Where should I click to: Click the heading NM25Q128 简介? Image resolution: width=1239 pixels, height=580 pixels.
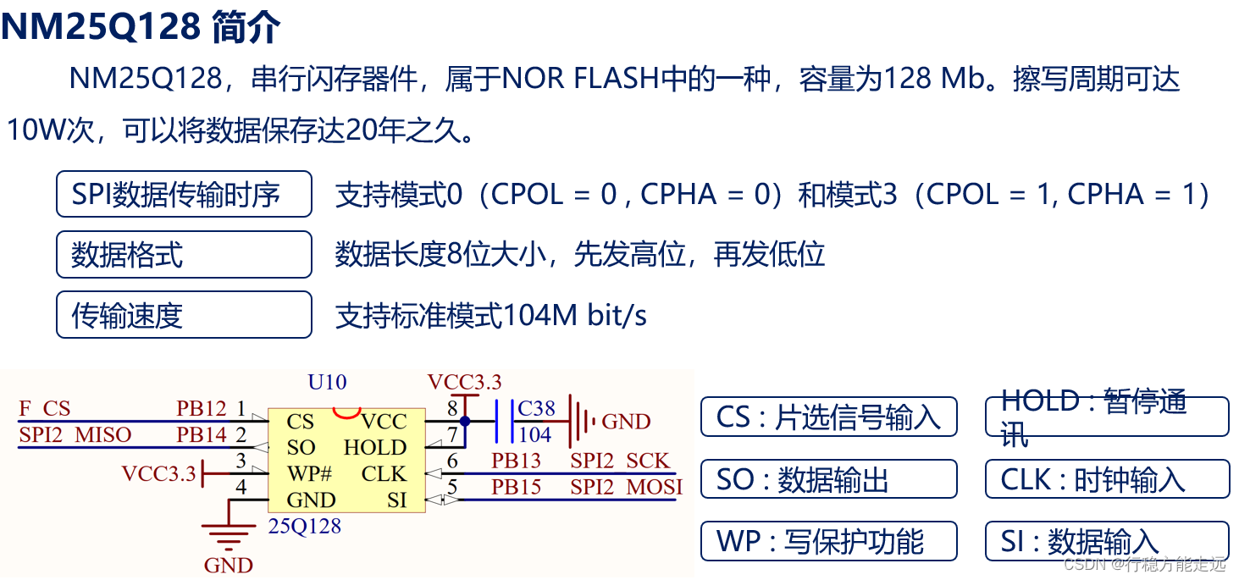(141, 28)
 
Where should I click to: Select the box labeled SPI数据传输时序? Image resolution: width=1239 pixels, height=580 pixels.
(184, 195)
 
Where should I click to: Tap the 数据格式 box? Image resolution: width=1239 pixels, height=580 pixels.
(184, 254)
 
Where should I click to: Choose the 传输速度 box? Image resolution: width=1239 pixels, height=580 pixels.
(184, 315)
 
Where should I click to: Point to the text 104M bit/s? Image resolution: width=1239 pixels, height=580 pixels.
(576, 316)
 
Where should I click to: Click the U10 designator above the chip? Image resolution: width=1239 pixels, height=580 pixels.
(327, 382)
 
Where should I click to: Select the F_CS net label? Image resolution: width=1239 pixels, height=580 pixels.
(45, 409)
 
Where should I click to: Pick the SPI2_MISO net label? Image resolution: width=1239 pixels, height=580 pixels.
(75, 435)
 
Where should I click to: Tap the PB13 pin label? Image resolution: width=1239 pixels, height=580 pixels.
(516, 461)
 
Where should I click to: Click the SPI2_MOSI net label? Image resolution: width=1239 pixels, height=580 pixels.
(626, 488)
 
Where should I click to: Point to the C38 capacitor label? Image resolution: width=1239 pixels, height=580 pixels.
(536, 409)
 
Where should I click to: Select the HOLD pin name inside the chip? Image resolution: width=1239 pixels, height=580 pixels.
(375, 447)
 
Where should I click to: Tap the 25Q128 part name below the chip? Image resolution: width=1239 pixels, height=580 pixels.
(305, 527)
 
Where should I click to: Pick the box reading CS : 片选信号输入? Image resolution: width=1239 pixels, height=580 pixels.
(828, 417)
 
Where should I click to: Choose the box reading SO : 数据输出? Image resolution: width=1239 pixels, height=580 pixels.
(828, 479)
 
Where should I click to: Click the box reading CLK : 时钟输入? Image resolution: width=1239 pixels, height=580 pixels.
(1107, 479)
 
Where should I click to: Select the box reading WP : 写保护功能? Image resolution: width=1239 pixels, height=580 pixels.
(828, 541)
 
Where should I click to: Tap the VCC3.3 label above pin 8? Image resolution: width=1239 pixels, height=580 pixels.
(464, 382)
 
